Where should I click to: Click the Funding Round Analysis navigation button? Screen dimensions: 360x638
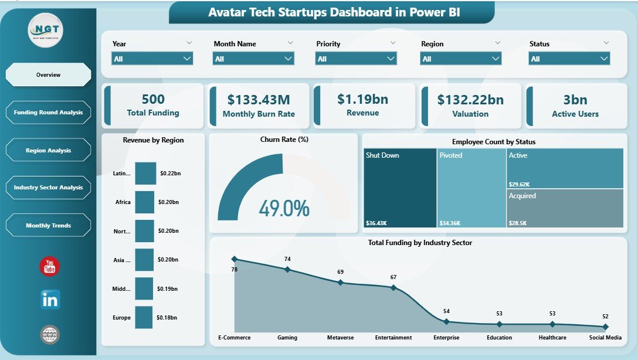(x=48, y=113)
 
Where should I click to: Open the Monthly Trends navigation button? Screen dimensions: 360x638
(x=48, y=226)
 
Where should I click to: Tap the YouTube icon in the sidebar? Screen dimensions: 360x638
(x=50, y=266)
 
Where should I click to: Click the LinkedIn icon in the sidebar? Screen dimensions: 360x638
(x=50, y=300)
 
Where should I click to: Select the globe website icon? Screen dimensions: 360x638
(x=50, y=335)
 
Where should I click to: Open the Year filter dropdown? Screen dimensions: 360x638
(x=152, y=59)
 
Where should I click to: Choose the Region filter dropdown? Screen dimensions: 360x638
(x=461, y=59)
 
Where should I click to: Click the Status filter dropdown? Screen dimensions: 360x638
(x=569, y=59)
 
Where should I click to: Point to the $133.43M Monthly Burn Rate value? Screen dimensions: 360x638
(x=258, y=100)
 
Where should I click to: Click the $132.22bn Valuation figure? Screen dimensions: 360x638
(x=470, y=100)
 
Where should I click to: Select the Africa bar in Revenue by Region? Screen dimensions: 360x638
(x=144, y=202)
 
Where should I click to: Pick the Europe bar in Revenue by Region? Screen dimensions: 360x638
(x=144, y=317)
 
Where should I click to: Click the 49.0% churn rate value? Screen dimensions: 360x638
(x=284, y=209)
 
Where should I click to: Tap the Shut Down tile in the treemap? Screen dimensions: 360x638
(x=399, y=188)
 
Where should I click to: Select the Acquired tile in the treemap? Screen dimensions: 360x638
(x=564, y=208)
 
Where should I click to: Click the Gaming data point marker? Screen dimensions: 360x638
(x=287, y=269)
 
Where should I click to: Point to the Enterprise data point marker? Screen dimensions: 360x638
(x=446, y=321)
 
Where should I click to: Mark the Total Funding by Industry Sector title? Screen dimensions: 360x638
(x=420, y=243)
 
